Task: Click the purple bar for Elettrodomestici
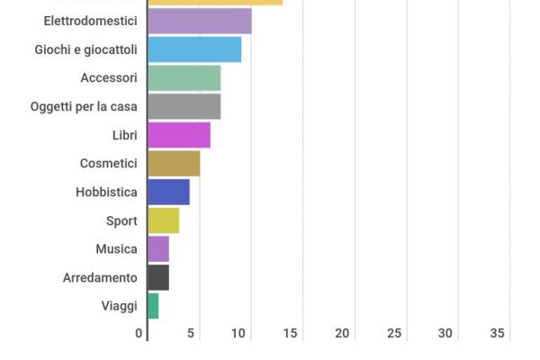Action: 199,21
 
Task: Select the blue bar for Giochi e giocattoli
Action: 193,49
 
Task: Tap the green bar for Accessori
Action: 184,78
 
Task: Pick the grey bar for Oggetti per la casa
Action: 184,106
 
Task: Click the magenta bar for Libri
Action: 178,135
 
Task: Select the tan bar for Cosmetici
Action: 173,164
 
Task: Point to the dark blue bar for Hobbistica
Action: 168,192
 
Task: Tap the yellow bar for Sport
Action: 163,220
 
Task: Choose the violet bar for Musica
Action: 157,248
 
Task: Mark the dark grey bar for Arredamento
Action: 157,277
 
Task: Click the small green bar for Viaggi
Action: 152,306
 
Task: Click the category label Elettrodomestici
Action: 91,21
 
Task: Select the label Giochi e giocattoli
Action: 86,49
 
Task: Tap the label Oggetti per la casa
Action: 84,106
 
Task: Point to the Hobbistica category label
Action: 107,192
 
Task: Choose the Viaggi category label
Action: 120,306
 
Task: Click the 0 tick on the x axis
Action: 139,333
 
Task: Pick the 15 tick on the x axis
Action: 290,333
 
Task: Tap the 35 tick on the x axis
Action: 497,333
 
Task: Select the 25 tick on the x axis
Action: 393,333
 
